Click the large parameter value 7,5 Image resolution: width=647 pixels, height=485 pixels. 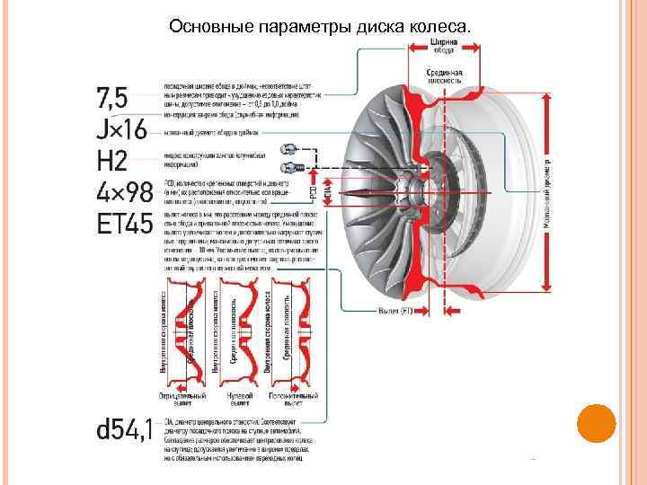click(x=114, y=97)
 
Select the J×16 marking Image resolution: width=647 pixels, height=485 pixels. click(x=121, y=129)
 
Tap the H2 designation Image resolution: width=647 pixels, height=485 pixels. click(x=111, y=162)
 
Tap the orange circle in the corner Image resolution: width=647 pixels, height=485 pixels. click(x=596, y=424)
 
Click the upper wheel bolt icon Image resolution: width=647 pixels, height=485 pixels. click(x=290, y=148)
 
